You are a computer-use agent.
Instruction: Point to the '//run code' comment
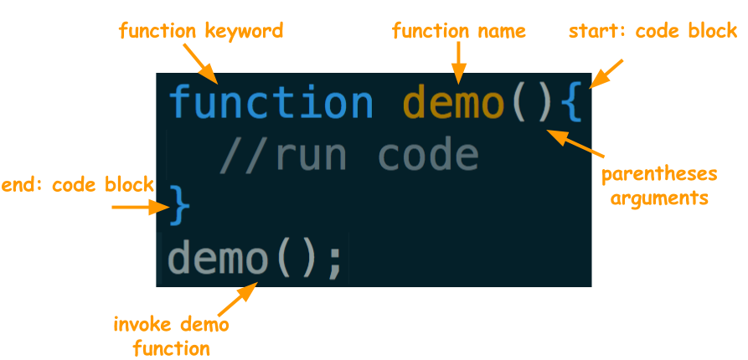tap(348, 156)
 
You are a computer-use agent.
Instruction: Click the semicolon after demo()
tap(334, 260)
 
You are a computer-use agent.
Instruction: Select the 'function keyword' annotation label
tap(201, 32)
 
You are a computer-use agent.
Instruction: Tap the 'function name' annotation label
tap(459, 32)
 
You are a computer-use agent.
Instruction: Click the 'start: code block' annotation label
tap(653, 32)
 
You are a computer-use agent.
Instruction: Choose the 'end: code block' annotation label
tap(77, 185)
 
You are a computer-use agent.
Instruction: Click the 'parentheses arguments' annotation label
tap(660, 187)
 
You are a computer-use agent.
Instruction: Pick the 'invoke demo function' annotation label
tap(172, 335)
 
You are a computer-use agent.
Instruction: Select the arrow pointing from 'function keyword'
tap(201, 65)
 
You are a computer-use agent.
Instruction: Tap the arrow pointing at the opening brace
tap(606, 74)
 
